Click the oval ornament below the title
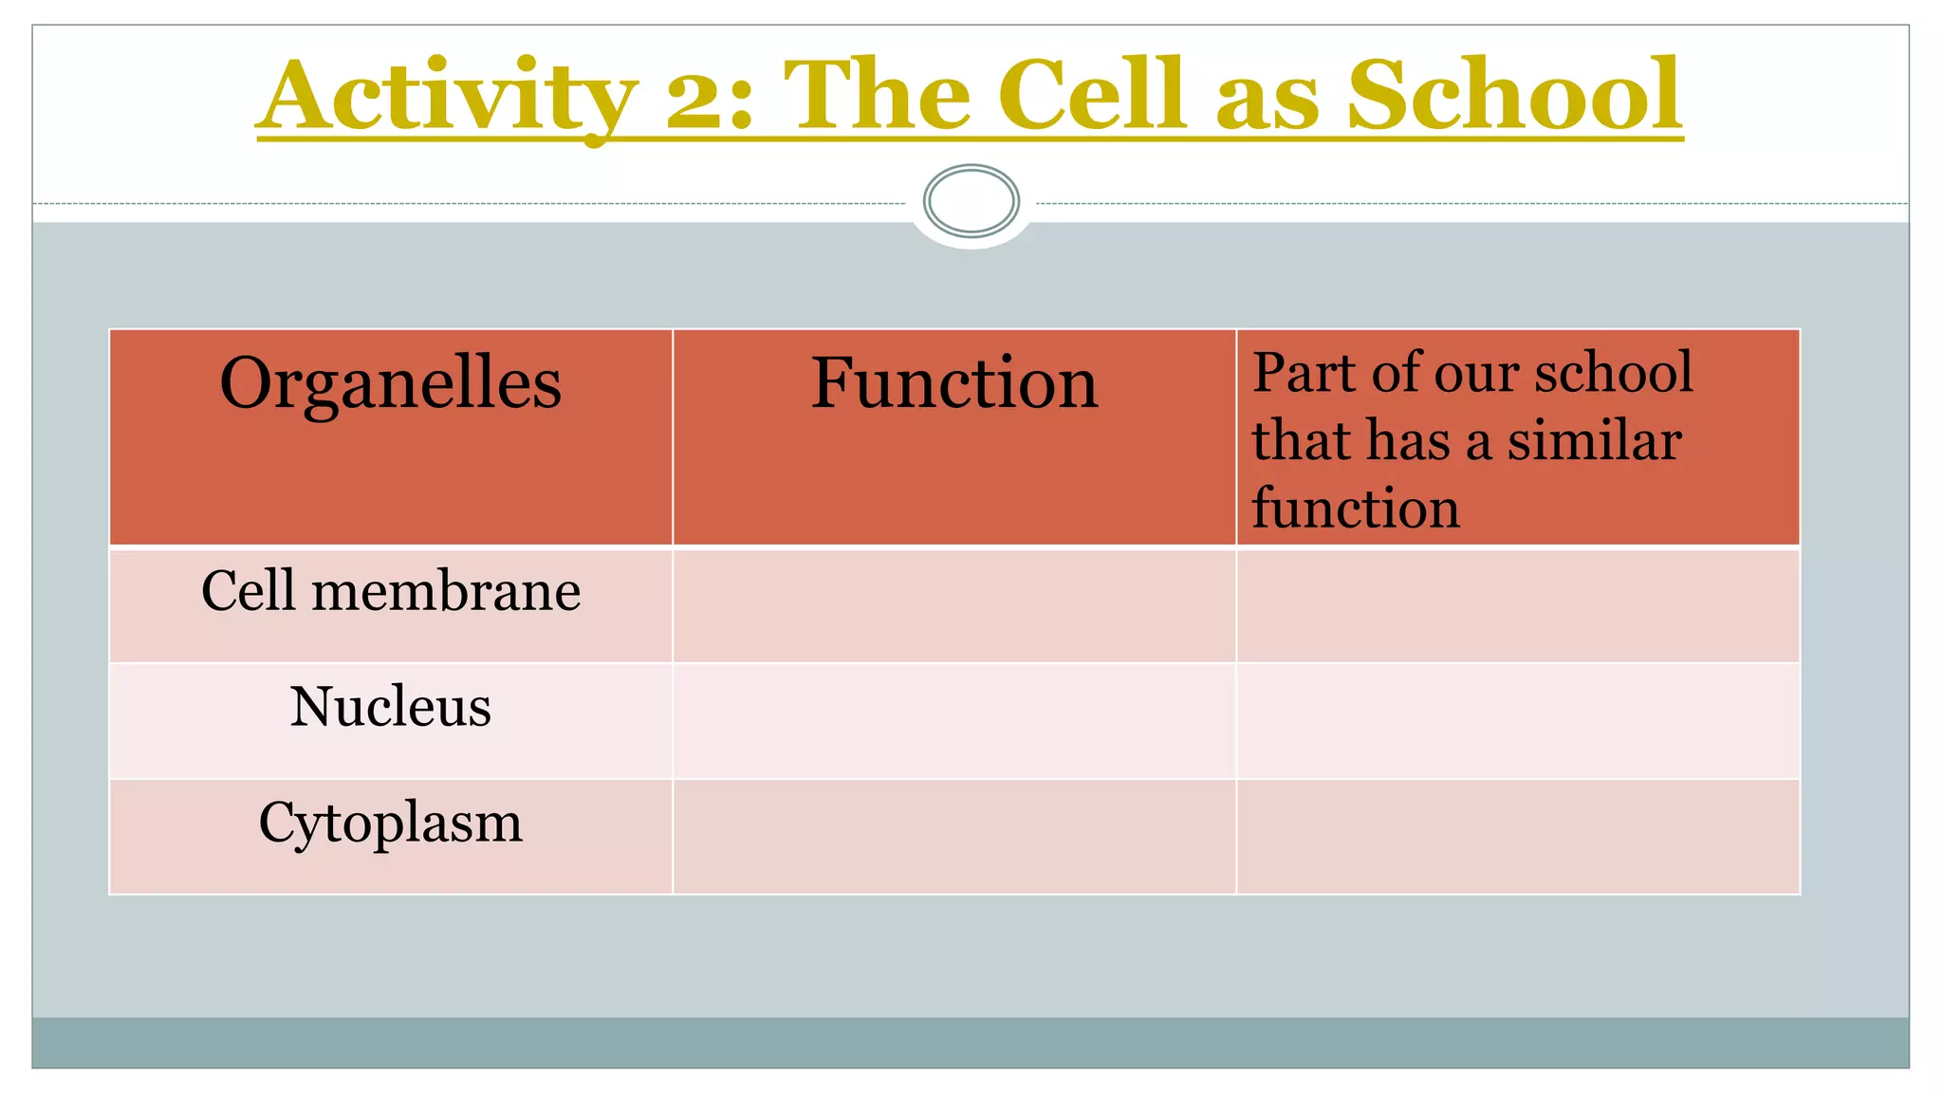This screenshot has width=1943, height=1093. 971,201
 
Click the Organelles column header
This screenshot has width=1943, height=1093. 390,383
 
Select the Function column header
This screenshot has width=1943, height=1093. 953,383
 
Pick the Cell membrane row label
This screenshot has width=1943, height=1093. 390,592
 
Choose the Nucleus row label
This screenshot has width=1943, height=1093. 390,708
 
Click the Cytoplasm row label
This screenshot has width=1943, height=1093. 390,823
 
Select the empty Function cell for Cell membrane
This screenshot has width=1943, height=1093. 953,605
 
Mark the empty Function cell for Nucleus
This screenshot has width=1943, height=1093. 953,721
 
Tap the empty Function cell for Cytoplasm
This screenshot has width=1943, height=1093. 953,836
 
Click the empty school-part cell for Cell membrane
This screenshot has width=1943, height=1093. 1517,605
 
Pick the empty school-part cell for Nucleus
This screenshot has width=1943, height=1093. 1517,721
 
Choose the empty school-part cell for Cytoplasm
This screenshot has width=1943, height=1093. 1517,836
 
